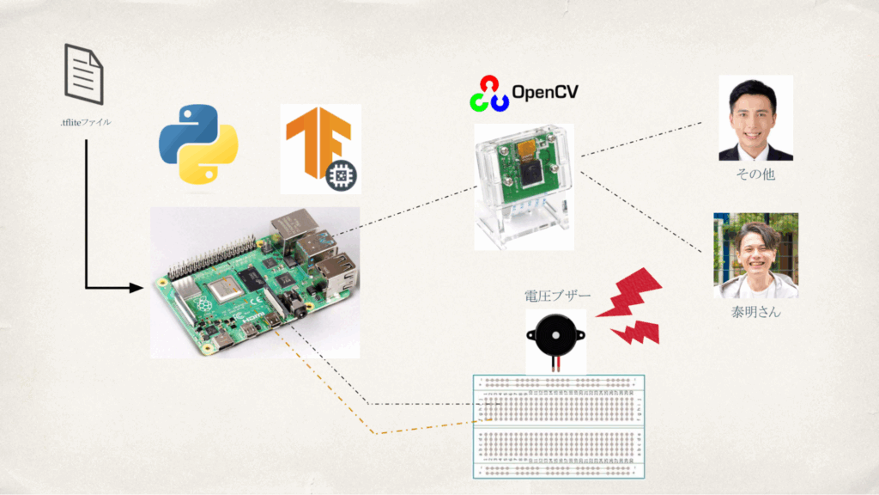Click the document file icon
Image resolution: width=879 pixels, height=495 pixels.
pos(84,75)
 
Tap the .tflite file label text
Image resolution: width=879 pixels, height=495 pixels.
pos(85,122)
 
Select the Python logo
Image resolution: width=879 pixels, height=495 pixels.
pos(197,144)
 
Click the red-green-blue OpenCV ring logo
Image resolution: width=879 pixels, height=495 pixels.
pos(488,94)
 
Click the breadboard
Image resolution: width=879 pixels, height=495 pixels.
pos(559,426)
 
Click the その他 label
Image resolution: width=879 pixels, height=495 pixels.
pos(755,175)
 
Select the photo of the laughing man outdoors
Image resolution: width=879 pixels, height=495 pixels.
pos(755,255)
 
